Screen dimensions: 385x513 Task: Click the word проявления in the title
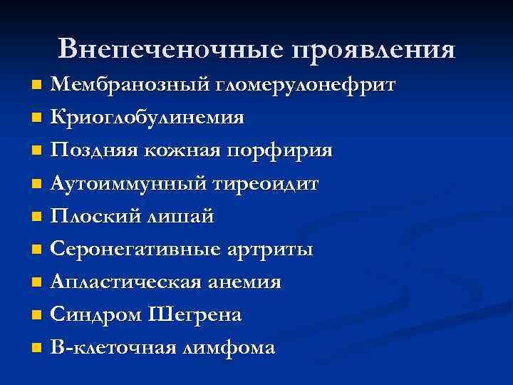[372, 49]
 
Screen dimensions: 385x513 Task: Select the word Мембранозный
[128, 86]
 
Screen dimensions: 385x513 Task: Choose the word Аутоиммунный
[130, 184]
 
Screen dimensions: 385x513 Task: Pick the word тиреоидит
[265, 184]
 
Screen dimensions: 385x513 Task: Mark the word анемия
[246, 282]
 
